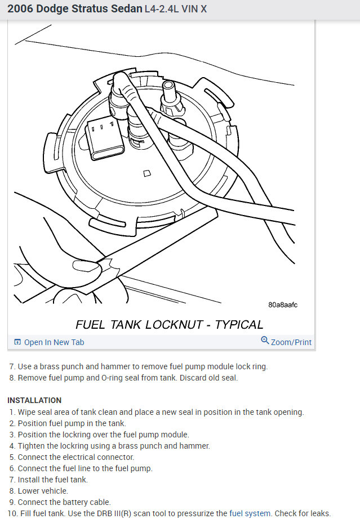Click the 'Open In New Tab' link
point(54,342)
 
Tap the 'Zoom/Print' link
point(291,342)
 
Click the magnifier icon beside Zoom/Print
point(265,341)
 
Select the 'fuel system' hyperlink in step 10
point(250,513)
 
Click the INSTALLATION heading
point(34,400)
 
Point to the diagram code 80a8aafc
point(283,305)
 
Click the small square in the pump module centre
point(147,173)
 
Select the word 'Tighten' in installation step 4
point(32,446)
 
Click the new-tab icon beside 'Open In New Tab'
point(17,342)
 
